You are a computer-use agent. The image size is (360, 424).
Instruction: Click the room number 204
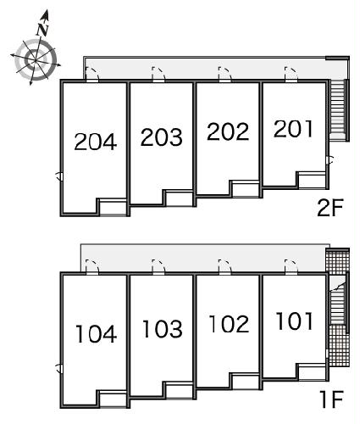point(96,142)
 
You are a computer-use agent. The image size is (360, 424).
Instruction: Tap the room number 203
point(162,137)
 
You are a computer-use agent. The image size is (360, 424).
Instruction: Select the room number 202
point(228,131)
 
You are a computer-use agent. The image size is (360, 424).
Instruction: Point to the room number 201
point(293,129)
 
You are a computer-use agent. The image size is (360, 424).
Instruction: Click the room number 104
point(96,334)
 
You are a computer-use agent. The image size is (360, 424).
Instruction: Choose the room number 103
point(163,329)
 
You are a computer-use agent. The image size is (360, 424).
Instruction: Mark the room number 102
point(229,323)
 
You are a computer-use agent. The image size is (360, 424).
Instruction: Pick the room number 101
point(295,321)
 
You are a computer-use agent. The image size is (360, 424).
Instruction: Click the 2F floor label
point(330,208)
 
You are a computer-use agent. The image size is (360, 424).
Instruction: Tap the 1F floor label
point(331,399)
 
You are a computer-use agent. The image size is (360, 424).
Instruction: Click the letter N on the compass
point(43,30)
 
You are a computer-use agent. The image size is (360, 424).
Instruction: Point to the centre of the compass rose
point(35,60)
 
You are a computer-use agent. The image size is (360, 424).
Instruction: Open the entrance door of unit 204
point(92,75)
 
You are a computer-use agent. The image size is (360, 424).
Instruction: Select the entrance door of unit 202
point(225,75)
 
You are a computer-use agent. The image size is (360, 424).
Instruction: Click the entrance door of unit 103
point(158,267)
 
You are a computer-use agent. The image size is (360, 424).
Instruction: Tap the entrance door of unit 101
point(291,267)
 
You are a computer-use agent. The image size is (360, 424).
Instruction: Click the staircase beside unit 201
point(338,109)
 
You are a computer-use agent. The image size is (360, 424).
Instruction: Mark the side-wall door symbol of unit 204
point(58,176)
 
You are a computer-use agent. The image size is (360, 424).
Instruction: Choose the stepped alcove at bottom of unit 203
point(179,198)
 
